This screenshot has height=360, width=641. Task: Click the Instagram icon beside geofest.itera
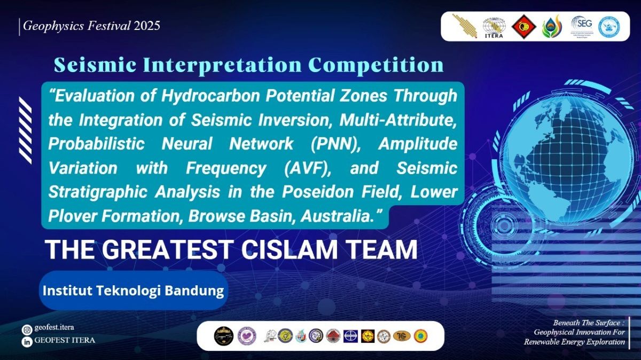coord(26,330)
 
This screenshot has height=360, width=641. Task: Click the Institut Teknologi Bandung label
coord(133,291)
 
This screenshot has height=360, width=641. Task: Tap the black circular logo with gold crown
coord(223,335)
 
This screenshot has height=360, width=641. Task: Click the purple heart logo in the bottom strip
coord(247,335)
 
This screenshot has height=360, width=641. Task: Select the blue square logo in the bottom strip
coord(350,335)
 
